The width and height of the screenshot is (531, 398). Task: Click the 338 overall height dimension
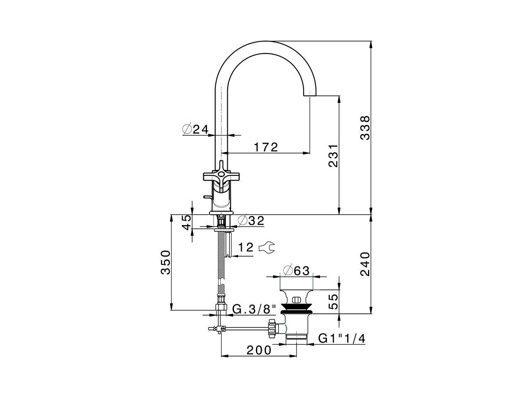point(365,128)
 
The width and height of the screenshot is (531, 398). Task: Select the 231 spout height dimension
point(333,156)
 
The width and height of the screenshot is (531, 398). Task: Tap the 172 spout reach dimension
point(265,147)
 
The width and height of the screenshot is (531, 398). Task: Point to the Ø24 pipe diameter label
point(195,129)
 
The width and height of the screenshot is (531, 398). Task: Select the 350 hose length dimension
point(166,262)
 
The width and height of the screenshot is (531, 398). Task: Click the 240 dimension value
point(365,264)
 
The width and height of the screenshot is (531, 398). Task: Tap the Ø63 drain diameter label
point(296,270)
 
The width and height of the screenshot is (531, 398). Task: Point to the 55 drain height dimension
point(333,301)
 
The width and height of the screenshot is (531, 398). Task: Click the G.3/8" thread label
point(254,309)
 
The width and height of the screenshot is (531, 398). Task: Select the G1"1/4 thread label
point(341,339)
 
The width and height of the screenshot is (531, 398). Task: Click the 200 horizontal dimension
point(259,350)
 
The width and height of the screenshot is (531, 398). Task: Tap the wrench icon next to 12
point(266,248)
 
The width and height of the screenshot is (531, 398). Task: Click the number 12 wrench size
point(246,248)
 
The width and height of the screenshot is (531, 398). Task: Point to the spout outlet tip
point(310,95)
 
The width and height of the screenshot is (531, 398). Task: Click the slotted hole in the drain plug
point(296,300)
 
